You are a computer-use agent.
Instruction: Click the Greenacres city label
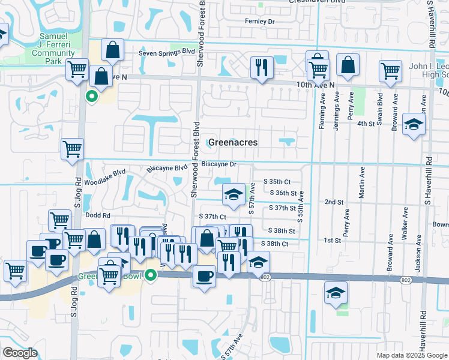(233, 142)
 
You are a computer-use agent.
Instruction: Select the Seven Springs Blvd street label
(166, 53)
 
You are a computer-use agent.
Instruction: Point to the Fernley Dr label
(259, 21)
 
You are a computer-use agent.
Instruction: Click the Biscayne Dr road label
(220, 164)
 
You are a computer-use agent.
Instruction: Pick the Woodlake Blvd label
(105, 176)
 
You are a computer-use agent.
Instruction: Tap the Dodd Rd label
(97, 215)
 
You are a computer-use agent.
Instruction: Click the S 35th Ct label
(277, 181)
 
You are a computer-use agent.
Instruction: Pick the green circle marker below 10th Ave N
(92, 95)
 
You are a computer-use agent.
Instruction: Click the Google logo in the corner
(20, 353)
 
